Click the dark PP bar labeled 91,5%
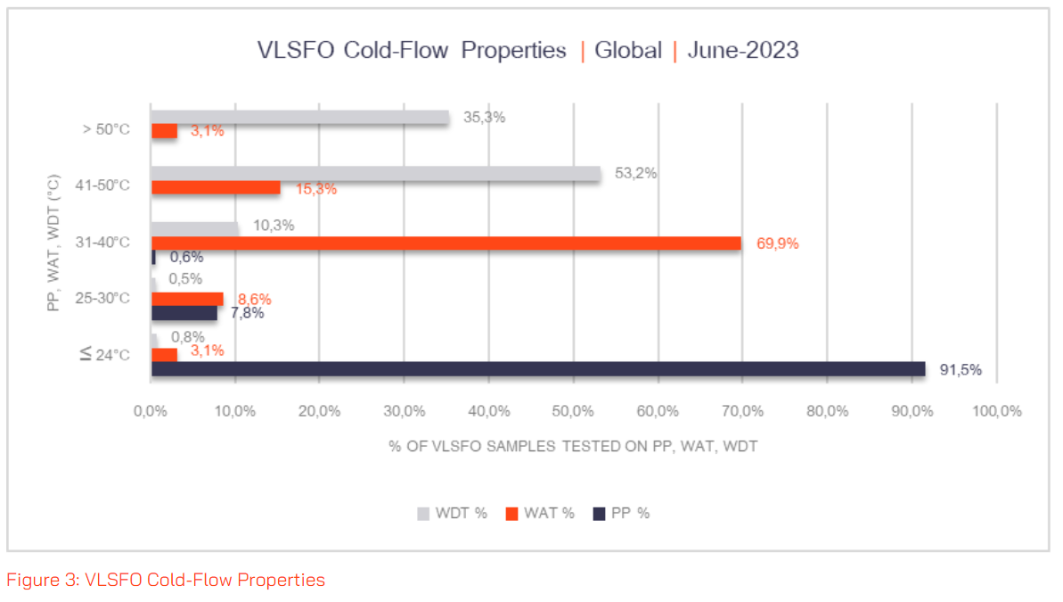[538, 368]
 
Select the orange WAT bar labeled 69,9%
[446, 243]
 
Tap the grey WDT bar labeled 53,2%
[375, 174]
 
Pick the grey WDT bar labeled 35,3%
[299, 117]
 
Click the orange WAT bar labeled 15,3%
[216, 187]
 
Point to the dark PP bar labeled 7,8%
[184, 313]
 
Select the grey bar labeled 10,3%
[194, 229]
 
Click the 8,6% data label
[252, 299]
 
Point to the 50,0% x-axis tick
[573, 411]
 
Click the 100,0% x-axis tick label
[996, 411]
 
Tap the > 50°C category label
[104, 129]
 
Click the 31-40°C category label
[102, 242]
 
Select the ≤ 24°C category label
[104, 355]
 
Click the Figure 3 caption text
[166, 580]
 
